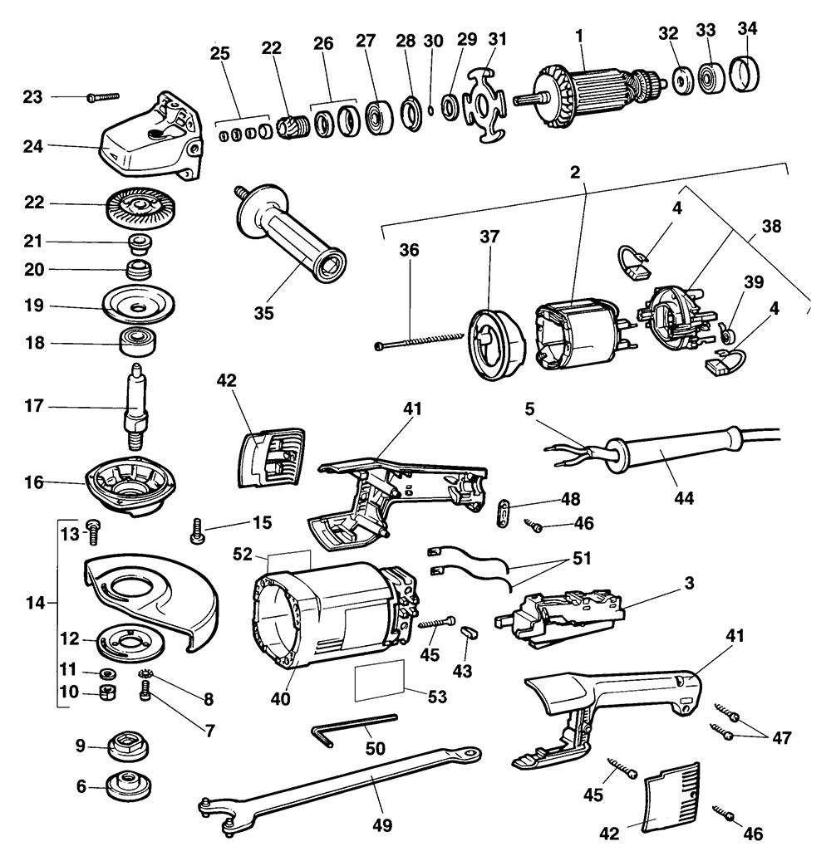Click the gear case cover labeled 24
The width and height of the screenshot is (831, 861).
tap(150, 141)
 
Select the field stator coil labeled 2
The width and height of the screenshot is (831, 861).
tap(573, 336)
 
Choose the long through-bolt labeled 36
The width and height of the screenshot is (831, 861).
tap(420, 340)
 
